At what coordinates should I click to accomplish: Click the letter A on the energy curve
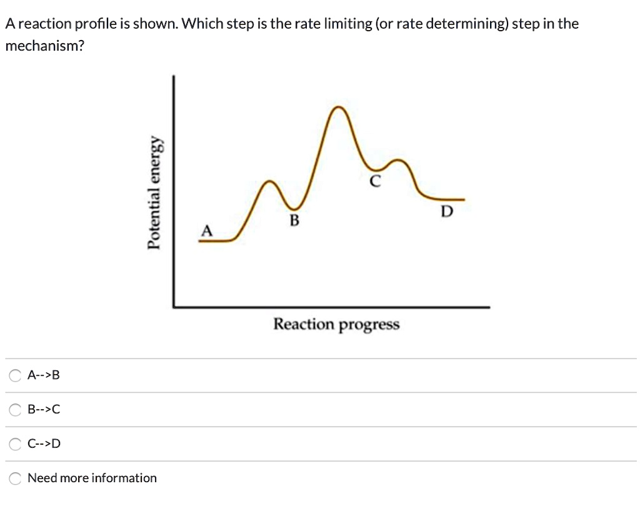point(206,231)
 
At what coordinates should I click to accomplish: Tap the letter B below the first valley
point(294,220)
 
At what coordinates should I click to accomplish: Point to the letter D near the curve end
point(446,212)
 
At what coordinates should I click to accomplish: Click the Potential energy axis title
point(156,193)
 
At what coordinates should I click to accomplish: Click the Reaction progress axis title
point(336,325)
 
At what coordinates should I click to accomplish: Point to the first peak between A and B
point(270,181)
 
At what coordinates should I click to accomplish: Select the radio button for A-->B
point(15,376)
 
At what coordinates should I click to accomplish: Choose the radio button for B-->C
point(15,410)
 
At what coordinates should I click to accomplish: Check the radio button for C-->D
point(15,444)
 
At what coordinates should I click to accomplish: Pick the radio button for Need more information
point(15,478)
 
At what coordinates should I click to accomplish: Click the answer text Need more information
point(92,478)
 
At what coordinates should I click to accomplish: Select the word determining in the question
point(466,24)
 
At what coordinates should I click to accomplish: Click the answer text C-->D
point(44,444)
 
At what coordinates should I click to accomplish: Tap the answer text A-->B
point(44,376)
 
